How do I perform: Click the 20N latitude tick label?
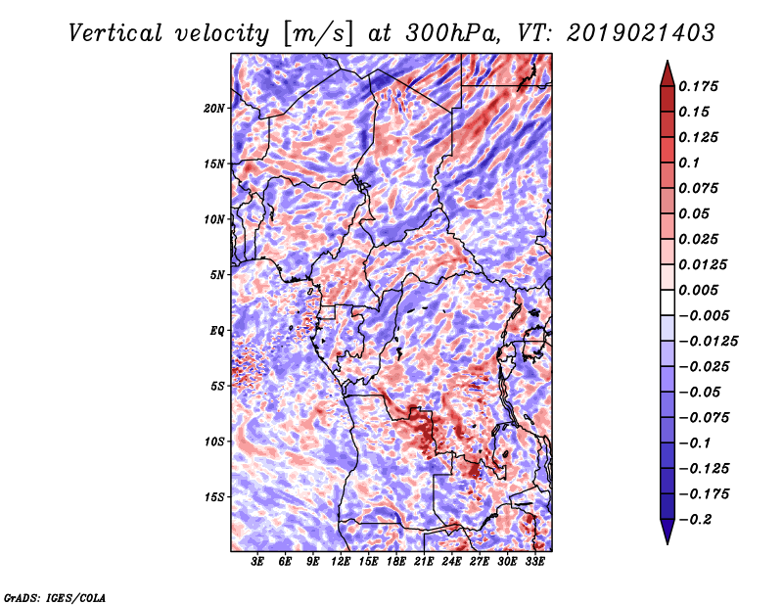point(214,109)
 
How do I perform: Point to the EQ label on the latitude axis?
point(216,331)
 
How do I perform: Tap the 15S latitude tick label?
point(214,497)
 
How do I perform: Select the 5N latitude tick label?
point(217,275)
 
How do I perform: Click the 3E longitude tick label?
point(257,562)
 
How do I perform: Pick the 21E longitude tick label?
point(424,562)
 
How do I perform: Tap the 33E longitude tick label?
point(534,562)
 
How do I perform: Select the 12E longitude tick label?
point(341,562)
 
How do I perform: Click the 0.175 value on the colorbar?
point(699,86)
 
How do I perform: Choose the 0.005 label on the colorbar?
point(699,290)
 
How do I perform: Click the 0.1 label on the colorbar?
point(690,163)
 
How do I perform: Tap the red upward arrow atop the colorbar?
point(668,74)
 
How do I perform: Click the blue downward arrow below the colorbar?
point(668,532)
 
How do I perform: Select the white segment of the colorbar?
point(668,302)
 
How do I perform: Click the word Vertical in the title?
point(115,33)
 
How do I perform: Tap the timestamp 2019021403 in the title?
point(641,33)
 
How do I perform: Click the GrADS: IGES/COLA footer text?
point(55,597)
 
